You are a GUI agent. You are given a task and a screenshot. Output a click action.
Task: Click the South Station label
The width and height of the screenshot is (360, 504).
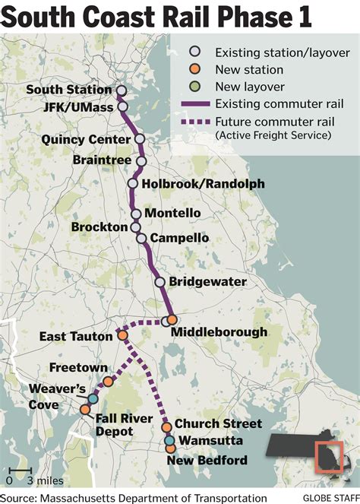click(x=69, y=90)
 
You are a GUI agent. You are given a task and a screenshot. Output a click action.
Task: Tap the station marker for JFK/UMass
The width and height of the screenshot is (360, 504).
click(x=122, y=107)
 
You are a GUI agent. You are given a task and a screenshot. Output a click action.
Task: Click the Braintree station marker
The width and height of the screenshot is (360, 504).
click(x=141, y=160)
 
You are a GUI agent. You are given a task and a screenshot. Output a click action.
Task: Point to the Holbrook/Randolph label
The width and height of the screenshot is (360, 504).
click(x=195, y=184)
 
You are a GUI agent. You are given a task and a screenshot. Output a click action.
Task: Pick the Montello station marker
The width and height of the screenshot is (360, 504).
click(x=135, y=214)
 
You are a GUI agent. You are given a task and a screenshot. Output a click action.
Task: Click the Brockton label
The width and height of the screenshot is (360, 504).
click(x=99, y=227)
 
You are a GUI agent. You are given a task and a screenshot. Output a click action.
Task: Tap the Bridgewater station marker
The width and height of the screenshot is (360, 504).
click(x=160, y=282)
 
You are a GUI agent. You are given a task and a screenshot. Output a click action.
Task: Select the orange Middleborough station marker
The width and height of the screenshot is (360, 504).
click(x=172, y=320)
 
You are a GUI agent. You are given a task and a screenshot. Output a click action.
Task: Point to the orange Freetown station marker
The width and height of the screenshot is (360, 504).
click(x=108, y=382)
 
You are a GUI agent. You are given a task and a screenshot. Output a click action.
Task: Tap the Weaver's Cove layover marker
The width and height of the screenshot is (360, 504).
click(x=93, y=398)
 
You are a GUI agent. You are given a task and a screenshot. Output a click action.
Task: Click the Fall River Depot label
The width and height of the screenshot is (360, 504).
click(x=115, y=424)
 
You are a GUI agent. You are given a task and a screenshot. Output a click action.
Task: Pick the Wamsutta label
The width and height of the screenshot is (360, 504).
click(x=209, y=441)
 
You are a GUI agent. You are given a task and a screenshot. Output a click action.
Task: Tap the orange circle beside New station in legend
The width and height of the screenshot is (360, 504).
click(x=195, y=70)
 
